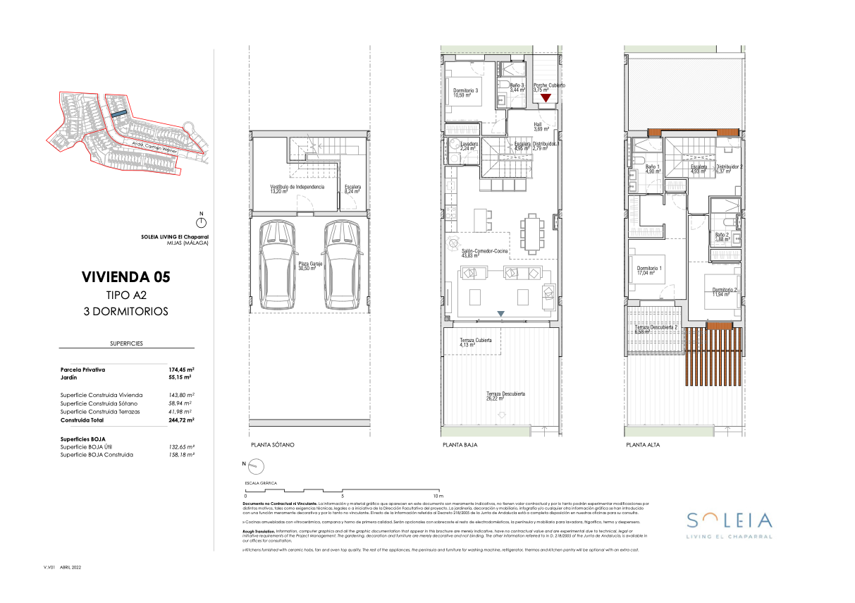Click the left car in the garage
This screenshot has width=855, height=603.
point(277,265)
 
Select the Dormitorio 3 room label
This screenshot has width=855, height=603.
point(466,92)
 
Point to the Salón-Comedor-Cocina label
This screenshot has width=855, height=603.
point(486,253)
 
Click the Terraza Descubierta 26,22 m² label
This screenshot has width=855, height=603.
point(505,396)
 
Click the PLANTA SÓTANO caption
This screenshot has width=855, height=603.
point(272,446)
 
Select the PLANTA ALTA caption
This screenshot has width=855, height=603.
point(643,446)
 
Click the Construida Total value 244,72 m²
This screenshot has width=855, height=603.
point(181,420)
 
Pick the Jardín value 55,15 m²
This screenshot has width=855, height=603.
point(181,378)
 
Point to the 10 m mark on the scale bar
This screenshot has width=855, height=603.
point(438,495)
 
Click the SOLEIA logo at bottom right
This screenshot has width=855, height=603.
point(729,521)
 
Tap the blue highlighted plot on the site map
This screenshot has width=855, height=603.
point(118,112)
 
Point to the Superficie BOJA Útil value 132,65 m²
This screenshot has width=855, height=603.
point(181,447)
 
